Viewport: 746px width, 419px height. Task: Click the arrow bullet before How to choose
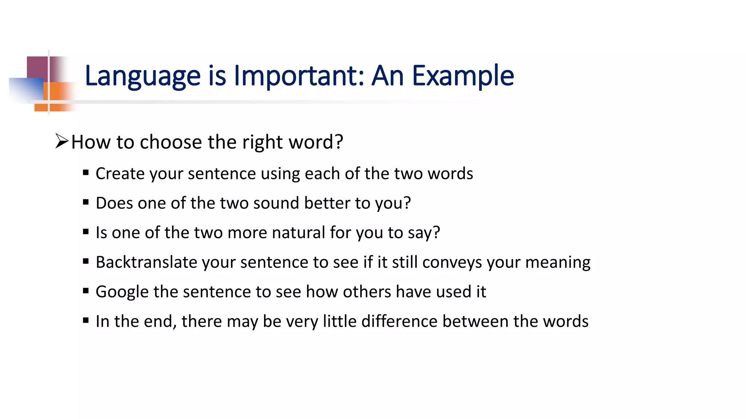[62, 141]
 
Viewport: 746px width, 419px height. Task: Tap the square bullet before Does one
[86, 202]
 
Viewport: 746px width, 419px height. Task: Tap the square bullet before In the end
[86, 320]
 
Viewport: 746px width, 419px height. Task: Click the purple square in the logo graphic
[38, 67]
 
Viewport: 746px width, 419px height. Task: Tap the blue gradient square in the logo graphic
[25, 89]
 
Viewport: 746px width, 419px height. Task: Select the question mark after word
[339, 141]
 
